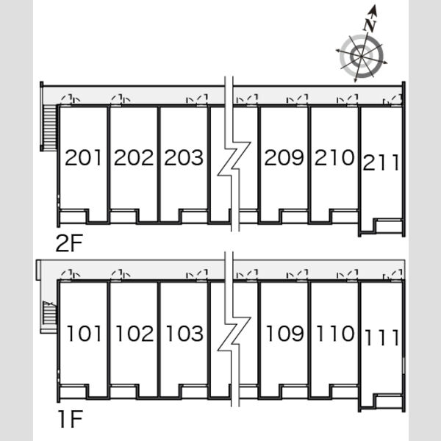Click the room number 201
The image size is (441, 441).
83,157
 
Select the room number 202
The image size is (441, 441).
134,157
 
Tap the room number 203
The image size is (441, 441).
184,157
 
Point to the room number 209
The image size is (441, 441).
284,157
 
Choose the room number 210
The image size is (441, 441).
334,157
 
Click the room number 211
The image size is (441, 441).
381,162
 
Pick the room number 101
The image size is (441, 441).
84,334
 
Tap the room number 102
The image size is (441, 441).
135,334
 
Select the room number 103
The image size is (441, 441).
184,334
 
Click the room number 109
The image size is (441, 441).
285,334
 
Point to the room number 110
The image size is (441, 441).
335,334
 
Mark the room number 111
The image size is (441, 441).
382,337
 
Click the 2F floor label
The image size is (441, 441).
69,243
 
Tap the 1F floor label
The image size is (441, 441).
71,419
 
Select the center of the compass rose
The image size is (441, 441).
361,56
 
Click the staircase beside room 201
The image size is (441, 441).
50,126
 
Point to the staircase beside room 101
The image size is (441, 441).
50,313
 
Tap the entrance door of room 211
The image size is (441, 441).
392,101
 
